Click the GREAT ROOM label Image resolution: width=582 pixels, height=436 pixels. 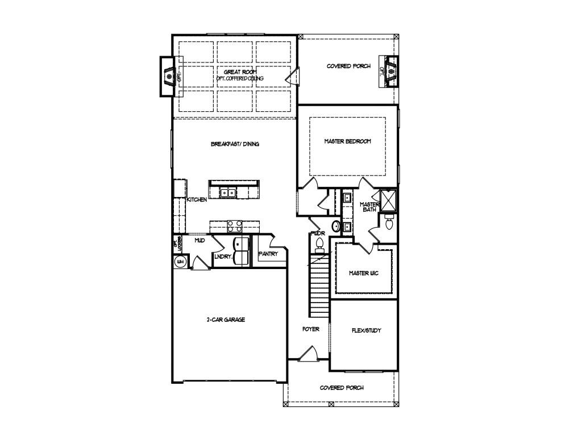[x=235, y=72]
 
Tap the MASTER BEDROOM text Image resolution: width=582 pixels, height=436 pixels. [x=347, y=141]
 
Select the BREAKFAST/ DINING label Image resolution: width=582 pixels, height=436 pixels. [x=235, y=144]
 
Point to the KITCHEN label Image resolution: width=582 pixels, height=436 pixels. [x=197, y=200]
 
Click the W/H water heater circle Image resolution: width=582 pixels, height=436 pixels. [x=180, y=262]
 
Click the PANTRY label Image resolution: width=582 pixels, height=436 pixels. [x=268, y=254]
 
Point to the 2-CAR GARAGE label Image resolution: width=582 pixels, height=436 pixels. [x=226, y=320]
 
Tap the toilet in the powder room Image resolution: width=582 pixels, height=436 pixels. [x=319, y=245]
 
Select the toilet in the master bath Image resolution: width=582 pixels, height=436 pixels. [x=389, y=224]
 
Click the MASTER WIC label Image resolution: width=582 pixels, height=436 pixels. [x=363, y=273]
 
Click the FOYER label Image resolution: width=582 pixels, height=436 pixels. [x=310, y=329]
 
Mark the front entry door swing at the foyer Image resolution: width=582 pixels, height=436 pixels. [x=307, y=354]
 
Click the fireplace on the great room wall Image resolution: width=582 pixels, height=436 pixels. [x=169, y=76]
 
